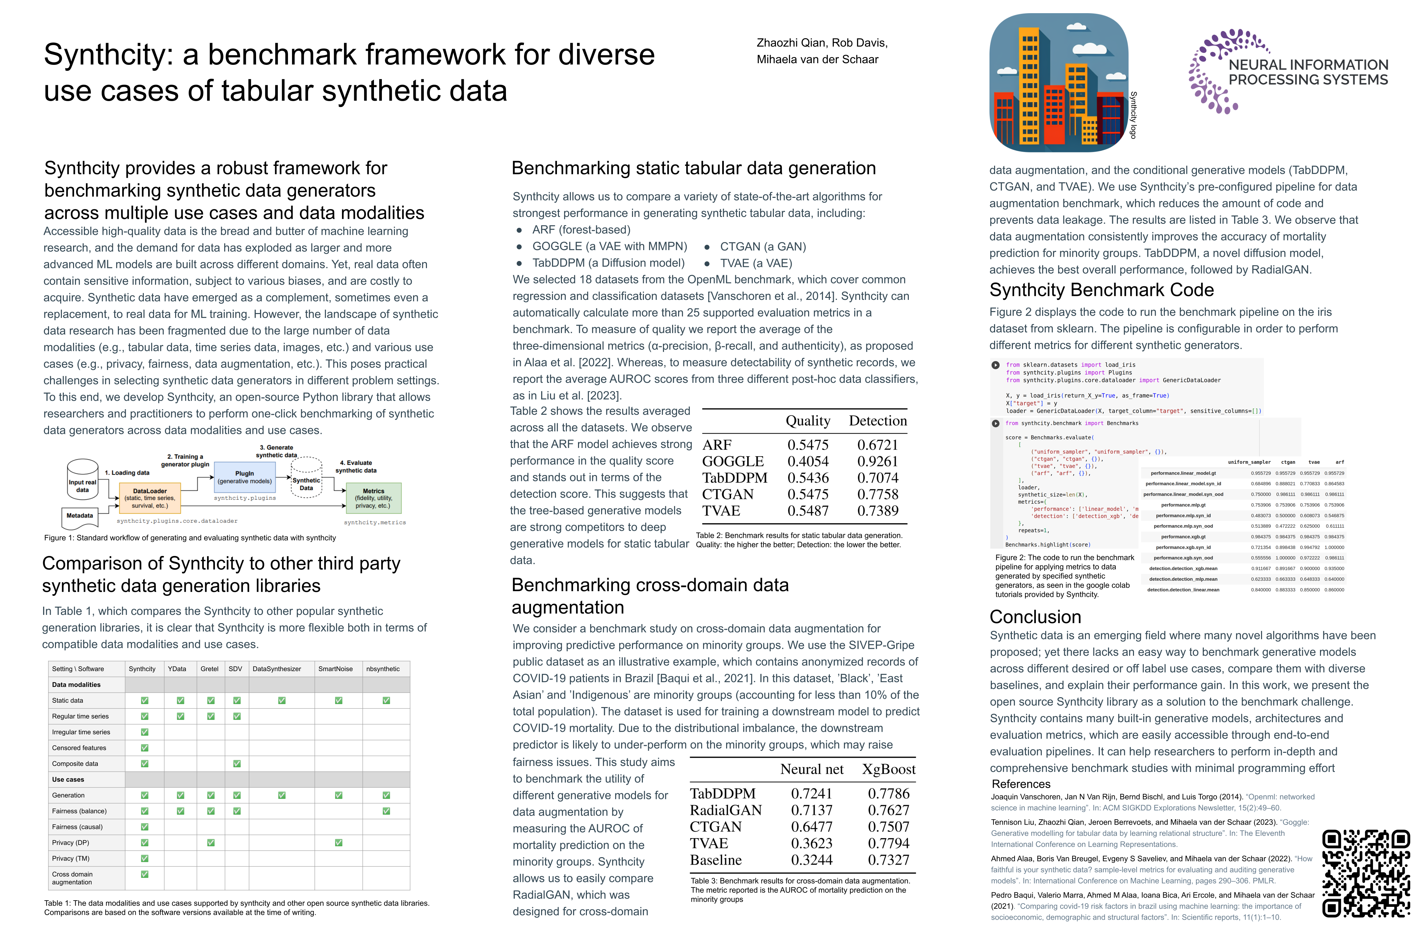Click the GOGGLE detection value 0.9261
coord(877,461)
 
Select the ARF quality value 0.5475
coord(808,445)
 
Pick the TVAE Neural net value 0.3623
coord(811,843)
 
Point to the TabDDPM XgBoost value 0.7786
coord(888,794)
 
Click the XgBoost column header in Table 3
coord(888,769)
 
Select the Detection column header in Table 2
coord(877,421)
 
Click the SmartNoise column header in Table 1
coord(335,669)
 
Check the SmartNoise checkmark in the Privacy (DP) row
coord(339,843)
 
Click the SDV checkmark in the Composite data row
coord(237,764)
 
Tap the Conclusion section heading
coord(1035,617)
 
